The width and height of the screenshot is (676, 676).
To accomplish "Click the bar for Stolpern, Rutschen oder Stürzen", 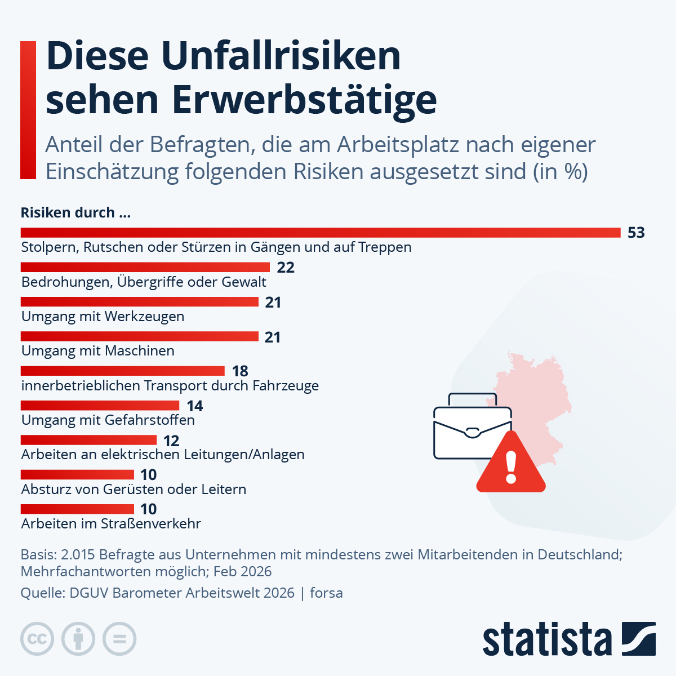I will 321,233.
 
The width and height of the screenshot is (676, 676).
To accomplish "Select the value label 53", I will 636,233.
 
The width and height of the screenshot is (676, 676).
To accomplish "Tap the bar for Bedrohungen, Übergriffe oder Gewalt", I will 145,267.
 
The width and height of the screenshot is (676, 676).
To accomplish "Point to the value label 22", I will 286,268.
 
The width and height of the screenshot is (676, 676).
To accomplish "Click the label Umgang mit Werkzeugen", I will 103,317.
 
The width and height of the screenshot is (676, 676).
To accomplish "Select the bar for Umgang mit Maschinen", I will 139,336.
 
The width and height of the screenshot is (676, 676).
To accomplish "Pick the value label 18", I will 240,371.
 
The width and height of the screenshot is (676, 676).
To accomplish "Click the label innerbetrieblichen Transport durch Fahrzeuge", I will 170,386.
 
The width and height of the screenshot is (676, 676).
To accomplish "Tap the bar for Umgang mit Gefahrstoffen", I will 100,406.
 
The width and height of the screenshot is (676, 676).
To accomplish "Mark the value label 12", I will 171,441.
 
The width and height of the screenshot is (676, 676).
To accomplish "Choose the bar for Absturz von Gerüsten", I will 77,475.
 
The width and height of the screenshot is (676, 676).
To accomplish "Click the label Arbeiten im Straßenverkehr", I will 111,524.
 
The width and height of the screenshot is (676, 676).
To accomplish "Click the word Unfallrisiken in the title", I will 281,56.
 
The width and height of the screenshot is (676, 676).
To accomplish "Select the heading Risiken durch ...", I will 75,213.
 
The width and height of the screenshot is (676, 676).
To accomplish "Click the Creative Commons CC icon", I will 37,639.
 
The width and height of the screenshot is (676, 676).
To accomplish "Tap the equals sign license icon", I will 119,639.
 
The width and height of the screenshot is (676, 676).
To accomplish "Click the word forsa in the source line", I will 326,593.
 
